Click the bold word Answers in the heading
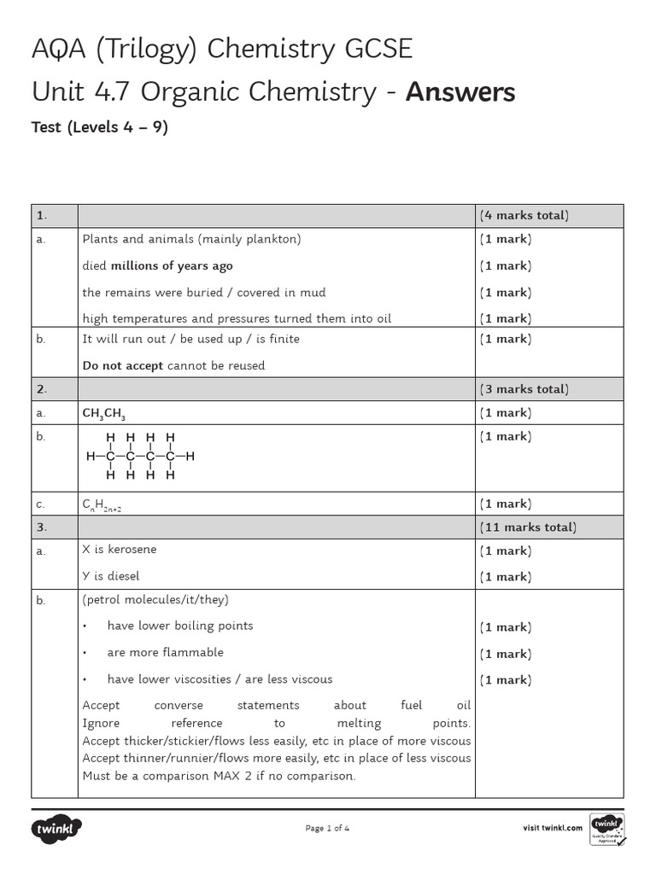[460, 91]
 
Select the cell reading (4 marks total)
[524, 215]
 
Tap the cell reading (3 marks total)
[524, 389]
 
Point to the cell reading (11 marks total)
[527, 527]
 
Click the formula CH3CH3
[105, 413]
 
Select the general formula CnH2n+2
[107, 504]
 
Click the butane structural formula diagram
[140, 456]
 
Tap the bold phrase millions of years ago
[172, 265]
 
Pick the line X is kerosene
[120, 550]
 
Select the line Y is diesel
[111, 576]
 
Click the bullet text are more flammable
[165, 652]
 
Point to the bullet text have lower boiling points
[180, 626]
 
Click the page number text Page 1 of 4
[327, 828]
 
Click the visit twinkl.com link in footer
[552, 828]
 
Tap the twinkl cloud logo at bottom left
[56, 829]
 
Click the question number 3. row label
[41, 527]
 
